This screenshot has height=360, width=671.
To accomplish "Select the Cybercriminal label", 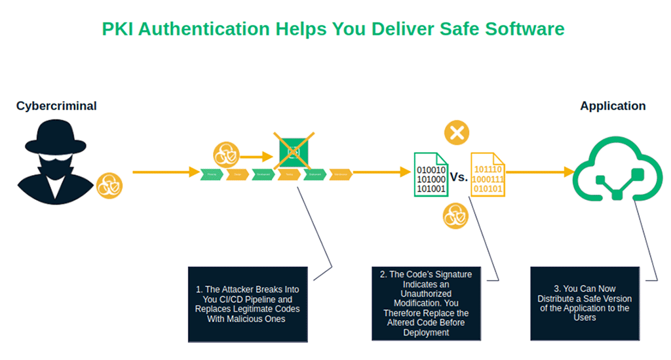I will (56, 106).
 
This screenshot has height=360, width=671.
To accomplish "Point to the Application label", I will (613, 106).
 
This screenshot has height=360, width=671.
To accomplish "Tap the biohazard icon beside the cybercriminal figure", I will (109, 186).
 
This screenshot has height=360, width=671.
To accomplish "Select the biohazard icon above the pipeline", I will (225, 156).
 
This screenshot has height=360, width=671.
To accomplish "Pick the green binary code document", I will (430, 174).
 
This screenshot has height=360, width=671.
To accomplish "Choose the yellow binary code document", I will (488, 174).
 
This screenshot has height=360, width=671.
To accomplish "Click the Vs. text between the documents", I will (459, 177).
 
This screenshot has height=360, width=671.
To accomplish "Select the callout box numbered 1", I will (248, 304).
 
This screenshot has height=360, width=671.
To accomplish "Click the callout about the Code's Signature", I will (426, 303).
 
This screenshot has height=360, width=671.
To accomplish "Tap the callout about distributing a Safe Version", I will (585, 303).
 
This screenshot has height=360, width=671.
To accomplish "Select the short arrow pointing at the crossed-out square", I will (256, 157).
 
